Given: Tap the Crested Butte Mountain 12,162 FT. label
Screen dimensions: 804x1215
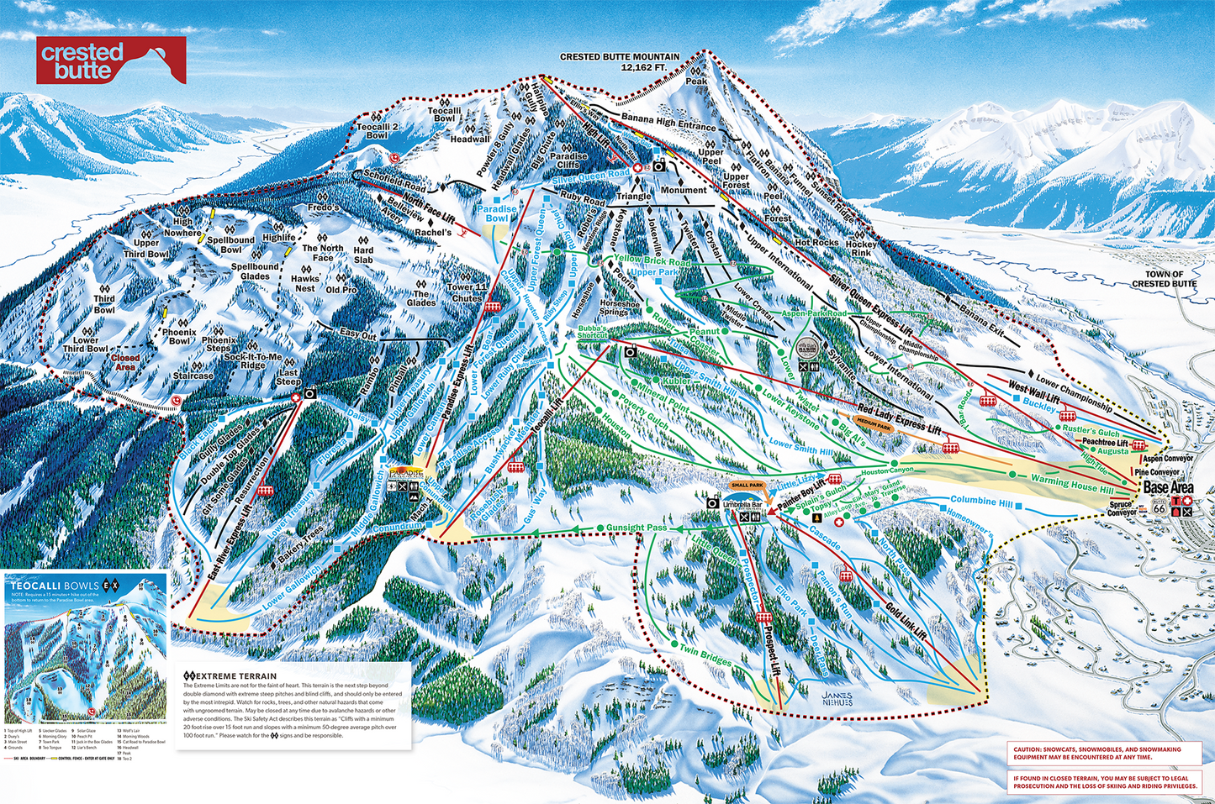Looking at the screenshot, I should [x=620, y=61].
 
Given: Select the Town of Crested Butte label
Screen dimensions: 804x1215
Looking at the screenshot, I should [x=1164, y=279].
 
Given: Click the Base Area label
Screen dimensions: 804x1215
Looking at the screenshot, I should [x=1168, y=488].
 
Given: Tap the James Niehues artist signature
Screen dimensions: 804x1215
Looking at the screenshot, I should [x=837, y=698].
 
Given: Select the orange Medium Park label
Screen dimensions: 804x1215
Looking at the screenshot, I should [x=873, y=426].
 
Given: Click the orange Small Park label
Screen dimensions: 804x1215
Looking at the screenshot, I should [x=747, y=486].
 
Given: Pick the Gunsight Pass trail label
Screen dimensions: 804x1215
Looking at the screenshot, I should [x=636, y=528].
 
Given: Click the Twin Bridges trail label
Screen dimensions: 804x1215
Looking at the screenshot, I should [x=705, y=656].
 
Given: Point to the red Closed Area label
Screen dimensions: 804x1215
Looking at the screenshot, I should [x=125, y=362].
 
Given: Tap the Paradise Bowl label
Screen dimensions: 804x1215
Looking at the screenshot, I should [x=496, y=213].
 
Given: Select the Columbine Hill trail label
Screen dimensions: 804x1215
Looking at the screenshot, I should [x=981, y=501].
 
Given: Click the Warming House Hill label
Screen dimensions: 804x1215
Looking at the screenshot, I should [x=1071, y=484].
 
